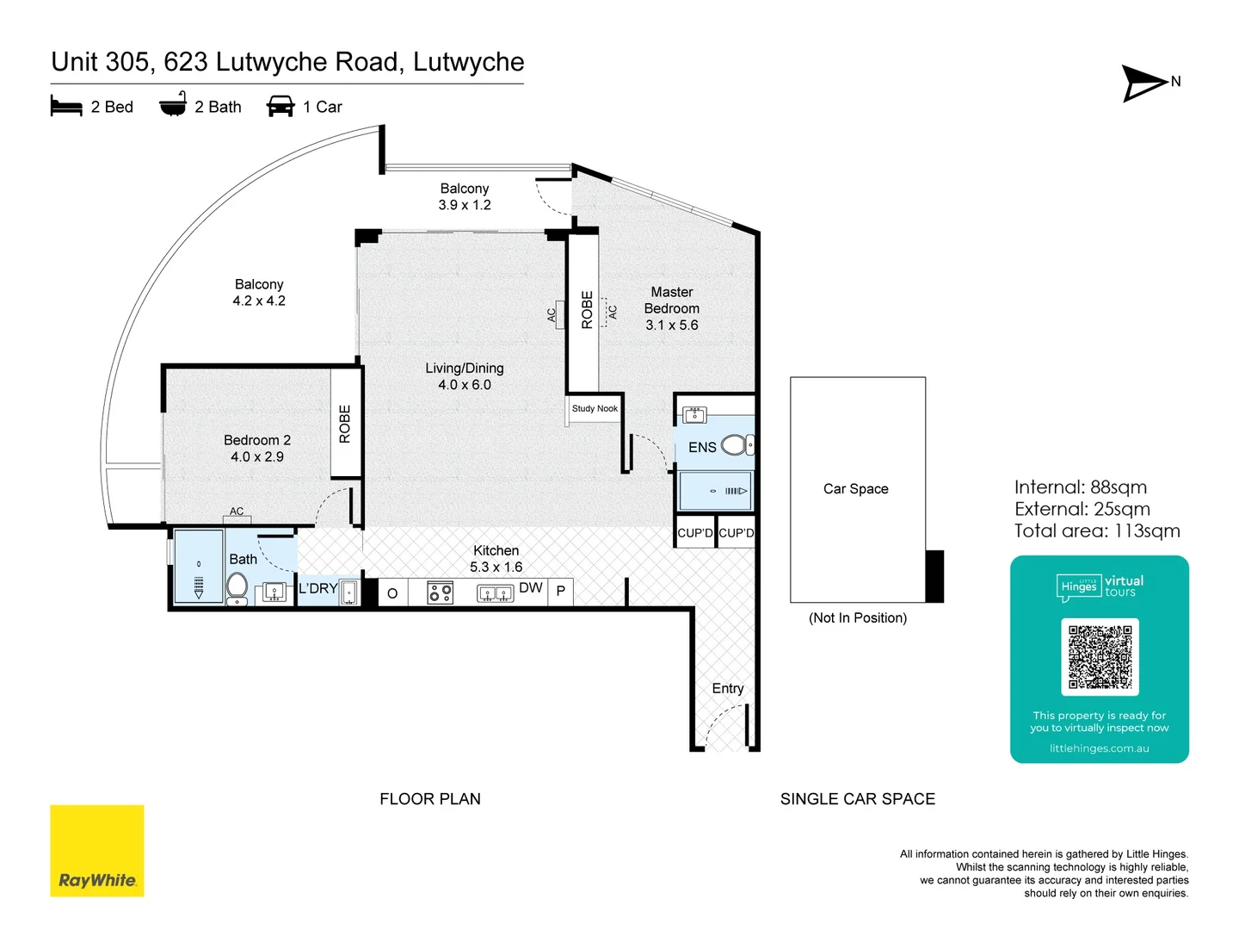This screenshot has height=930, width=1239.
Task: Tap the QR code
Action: coord(1100,656)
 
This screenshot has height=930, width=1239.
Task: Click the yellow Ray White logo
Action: coord(97,851)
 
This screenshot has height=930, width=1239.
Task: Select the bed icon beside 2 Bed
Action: coord(66,107)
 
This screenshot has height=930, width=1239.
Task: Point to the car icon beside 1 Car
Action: coord(280,107)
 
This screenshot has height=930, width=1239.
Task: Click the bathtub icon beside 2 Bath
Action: coord(173,105)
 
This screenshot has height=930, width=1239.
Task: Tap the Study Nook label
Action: coord(595,409)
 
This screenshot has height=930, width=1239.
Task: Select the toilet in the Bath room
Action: coord(237,588)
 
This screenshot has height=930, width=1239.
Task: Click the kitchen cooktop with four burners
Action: coord(441,592)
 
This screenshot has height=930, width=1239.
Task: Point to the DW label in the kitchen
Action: coord(531,588)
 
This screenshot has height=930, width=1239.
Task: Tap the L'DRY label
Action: coord(317,589)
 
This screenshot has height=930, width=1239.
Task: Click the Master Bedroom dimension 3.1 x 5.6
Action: coord(672,325)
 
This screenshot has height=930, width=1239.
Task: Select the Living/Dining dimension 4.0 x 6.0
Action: coord(465,385)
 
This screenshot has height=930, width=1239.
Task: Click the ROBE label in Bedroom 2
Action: coord(345,424)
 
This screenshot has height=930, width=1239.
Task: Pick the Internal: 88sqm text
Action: coord(1080,487)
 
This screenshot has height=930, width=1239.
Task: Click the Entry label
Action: coord(728,689)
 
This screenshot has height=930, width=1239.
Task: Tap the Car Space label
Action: coord(856,489)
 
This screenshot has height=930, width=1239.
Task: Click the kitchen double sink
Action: coord(496,593)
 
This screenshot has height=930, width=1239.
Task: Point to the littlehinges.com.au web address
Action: coord(1099,748)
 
